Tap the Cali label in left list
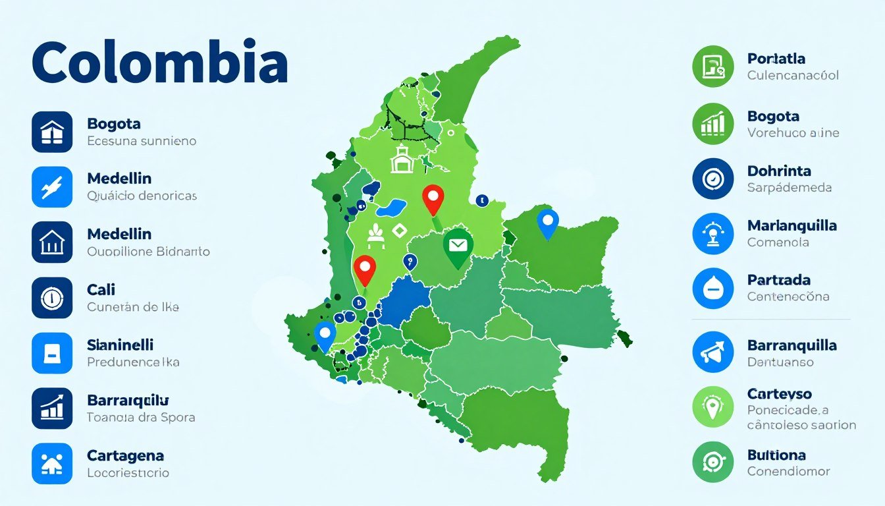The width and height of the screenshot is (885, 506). pyautogui.click(x=101, y=289)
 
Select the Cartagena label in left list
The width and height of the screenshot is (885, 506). pyautogui.click(x=125, y=455)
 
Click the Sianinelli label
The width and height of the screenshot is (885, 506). pyautogui.click(x=120, y=345)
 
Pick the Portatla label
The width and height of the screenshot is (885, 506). pyautogui.click(x=776, y=59)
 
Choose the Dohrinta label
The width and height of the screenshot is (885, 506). pyautogui.click(x=779, y=171)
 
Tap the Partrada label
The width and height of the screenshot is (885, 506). pyautogui.click(x=778, y=280)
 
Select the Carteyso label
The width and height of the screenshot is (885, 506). pyautogui.click(x=779, y=394)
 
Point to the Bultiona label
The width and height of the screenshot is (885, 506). pyautogui.click(x=776, y=455)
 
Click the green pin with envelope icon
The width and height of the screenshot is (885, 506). pyautogui.click(x=458, y=246)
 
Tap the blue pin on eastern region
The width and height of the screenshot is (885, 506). pyautogui.click(x=547, y=222)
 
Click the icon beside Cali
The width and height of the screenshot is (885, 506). pyautogui.click(x=52, y=298)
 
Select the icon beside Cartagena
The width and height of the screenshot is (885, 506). pyautogui.click(x=52, y=464)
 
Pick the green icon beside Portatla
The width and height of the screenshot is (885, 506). pyautogui.click(x=713, y=67)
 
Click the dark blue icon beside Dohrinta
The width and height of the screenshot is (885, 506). pyautogui.click(x=713, y=179)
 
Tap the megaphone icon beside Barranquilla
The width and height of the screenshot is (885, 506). pyautogui.click(x=713, y=352)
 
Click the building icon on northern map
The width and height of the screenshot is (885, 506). pyautogui.click(x=401, y=161)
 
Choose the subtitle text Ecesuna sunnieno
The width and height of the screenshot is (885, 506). pyautogui.click(x=141, y=140)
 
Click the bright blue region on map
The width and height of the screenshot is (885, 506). pyautogui.click(x=402, y=302)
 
